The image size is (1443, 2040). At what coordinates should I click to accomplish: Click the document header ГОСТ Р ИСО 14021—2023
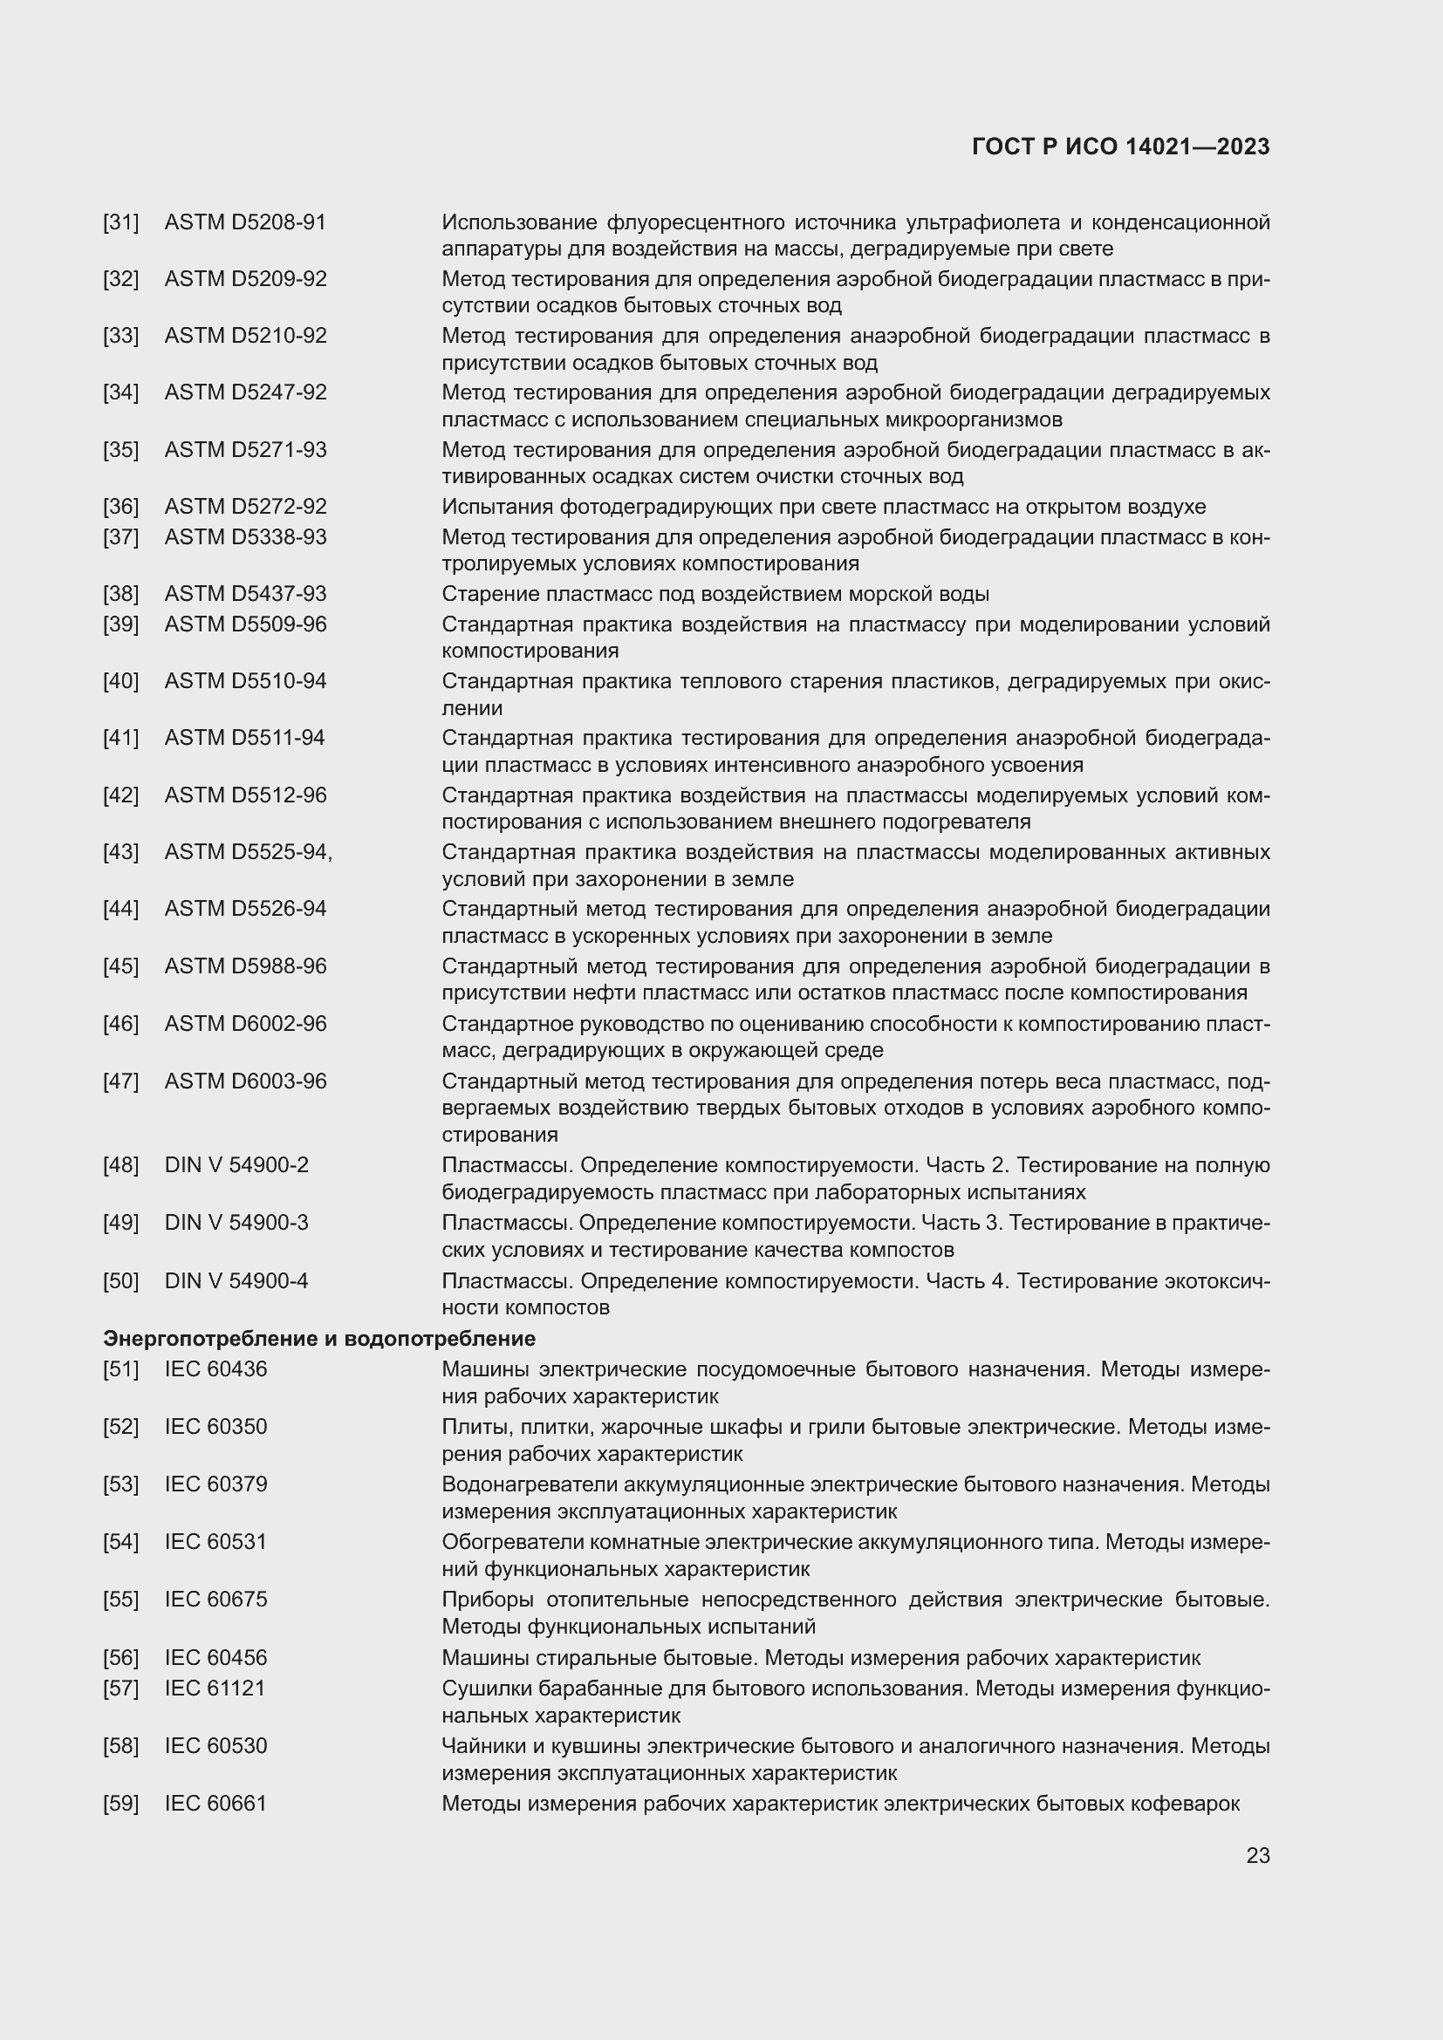pyautogui.click(x=1120, y=147)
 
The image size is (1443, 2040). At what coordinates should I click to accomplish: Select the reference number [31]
pyautogui.click(x=121, y=222)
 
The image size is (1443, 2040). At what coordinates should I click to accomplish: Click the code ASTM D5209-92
pyautogui.click(x=245, y=279)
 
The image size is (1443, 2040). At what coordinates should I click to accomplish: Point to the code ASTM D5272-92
pyautogui.click(x=245, y=507)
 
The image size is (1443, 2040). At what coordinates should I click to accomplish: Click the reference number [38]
pyautogui.click(x=121, y=594)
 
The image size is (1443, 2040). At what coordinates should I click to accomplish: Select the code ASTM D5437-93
pyautogui.click(x=245, y=594)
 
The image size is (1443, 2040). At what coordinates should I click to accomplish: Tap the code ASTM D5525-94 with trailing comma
pyautogui.click(x=248, y=852)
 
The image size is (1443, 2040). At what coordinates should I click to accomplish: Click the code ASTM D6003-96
pyautogui.click(x=245, y=1081)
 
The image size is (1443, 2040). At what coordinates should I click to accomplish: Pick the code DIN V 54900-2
pyautogui.click(x=236, y=1165)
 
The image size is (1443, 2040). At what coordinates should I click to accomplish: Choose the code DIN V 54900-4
pyautogui.click(x=236, y=1280)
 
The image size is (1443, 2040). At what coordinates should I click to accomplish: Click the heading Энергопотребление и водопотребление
pyautogui.click(x=319, y=1338)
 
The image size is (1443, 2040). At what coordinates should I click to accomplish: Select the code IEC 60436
pyautogui.click(x=215, y=1368)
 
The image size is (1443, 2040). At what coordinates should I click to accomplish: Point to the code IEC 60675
pyautogui.click(x=215, y=1600)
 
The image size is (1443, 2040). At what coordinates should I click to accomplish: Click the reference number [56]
pyautogui.click(x=121, y=1657)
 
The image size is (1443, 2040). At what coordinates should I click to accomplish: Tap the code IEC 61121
pyautogui.click(x=215, y=1688)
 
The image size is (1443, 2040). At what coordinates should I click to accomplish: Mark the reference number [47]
pyautogui.click(x=121, y=1081)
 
